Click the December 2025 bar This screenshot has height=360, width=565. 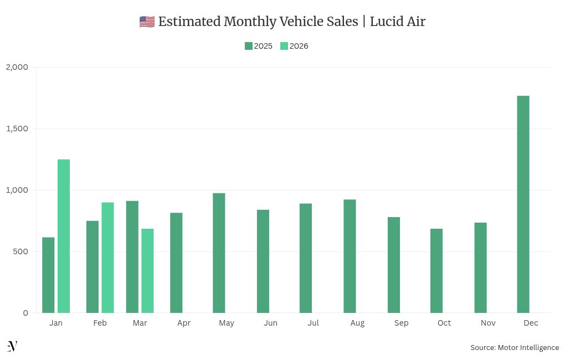(523, 204)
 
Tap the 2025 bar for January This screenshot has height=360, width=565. (48, 275)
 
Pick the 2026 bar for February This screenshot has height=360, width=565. (107, 258)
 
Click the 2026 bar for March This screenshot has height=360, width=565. (147, 271)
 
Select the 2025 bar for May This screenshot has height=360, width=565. (219, 253)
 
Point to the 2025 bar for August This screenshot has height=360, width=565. (350, 256)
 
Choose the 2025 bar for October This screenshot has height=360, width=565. (436, 271)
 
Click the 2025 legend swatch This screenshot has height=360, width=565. (249, 46)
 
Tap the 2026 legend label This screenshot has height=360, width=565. (299, 46)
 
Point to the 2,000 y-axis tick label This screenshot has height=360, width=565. (17, 67)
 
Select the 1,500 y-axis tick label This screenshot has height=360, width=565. (17, 128)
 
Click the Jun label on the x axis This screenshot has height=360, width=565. (270, 323)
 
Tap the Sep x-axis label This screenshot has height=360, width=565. (401, 323)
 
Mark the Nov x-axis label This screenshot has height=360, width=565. (488, 323)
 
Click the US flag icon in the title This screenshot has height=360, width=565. (147, 22)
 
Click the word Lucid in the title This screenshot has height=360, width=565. (387, 22)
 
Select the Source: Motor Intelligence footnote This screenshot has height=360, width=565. (515, 347)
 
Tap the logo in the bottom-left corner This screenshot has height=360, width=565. (12, 346)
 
